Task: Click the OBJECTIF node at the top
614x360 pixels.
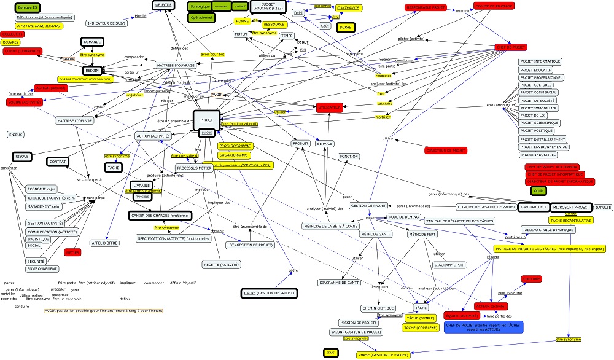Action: (x=163, y=5)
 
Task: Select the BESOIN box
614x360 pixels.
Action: (x=92, y=71)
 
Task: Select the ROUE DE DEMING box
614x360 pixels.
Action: (x=403, y=217)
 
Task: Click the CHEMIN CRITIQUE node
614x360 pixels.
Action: (x=378, y=308)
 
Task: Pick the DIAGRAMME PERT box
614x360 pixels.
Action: (x=449, y=265)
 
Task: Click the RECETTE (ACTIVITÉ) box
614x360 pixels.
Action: (x=221, y=265)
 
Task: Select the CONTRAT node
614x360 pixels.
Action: (x=58, y=162)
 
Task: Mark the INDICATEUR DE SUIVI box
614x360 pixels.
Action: (x=107, y=23)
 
